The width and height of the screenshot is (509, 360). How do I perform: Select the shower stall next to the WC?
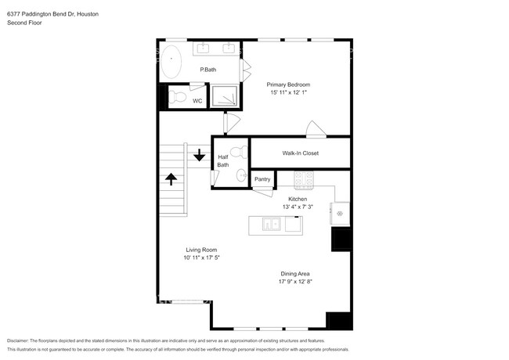(226, 95)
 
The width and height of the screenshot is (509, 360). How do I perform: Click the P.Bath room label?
(208, 70)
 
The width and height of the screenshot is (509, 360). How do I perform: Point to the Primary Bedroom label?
(288, 85)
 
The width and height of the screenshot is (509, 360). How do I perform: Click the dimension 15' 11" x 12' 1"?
(288, 93)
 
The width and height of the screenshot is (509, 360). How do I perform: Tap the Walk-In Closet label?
(300, 153)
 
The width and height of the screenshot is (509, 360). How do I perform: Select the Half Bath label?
(223, 160)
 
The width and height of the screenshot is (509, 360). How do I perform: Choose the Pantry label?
(262, 179)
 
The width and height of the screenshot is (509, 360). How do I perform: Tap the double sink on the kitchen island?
(272, 225)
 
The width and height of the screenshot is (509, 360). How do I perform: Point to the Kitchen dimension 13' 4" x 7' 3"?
(298, 207)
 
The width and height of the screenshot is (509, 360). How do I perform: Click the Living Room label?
(201, 250)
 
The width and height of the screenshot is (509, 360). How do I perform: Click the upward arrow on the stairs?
(171, 180)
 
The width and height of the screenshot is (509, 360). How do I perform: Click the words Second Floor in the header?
(26, 23)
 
